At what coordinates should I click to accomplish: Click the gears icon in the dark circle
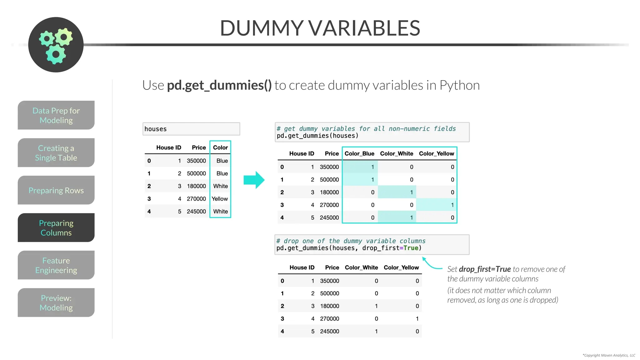[56, 45]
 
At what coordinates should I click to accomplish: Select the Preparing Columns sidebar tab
[56, 228]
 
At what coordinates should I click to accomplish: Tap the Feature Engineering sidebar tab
[56, 265]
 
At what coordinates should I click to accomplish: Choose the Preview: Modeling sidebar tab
[56, 303]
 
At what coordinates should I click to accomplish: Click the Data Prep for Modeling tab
[56, 115]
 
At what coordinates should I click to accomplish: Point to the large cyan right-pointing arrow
[254, 180]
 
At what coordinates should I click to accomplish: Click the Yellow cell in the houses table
[220, 199]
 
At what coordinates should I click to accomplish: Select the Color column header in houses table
[220, 147]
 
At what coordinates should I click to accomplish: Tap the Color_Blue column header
[359, 153]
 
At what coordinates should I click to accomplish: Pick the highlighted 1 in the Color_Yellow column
[452, 205]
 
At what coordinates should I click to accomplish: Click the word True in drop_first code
[411, 248]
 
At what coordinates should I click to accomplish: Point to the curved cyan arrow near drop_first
[431, 264]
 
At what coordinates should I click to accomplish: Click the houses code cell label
[156, 129]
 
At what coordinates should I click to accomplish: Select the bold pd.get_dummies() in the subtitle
[219, 85]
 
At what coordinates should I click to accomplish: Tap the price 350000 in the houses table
[196, 161]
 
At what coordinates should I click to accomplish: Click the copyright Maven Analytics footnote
[609, 355]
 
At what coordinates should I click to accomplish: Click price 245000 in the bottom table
[329, 331]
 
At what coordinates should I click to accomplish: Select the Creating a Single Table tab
[56, 153]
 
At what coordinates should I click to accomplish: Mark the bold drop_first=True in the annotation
[485, 269]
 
